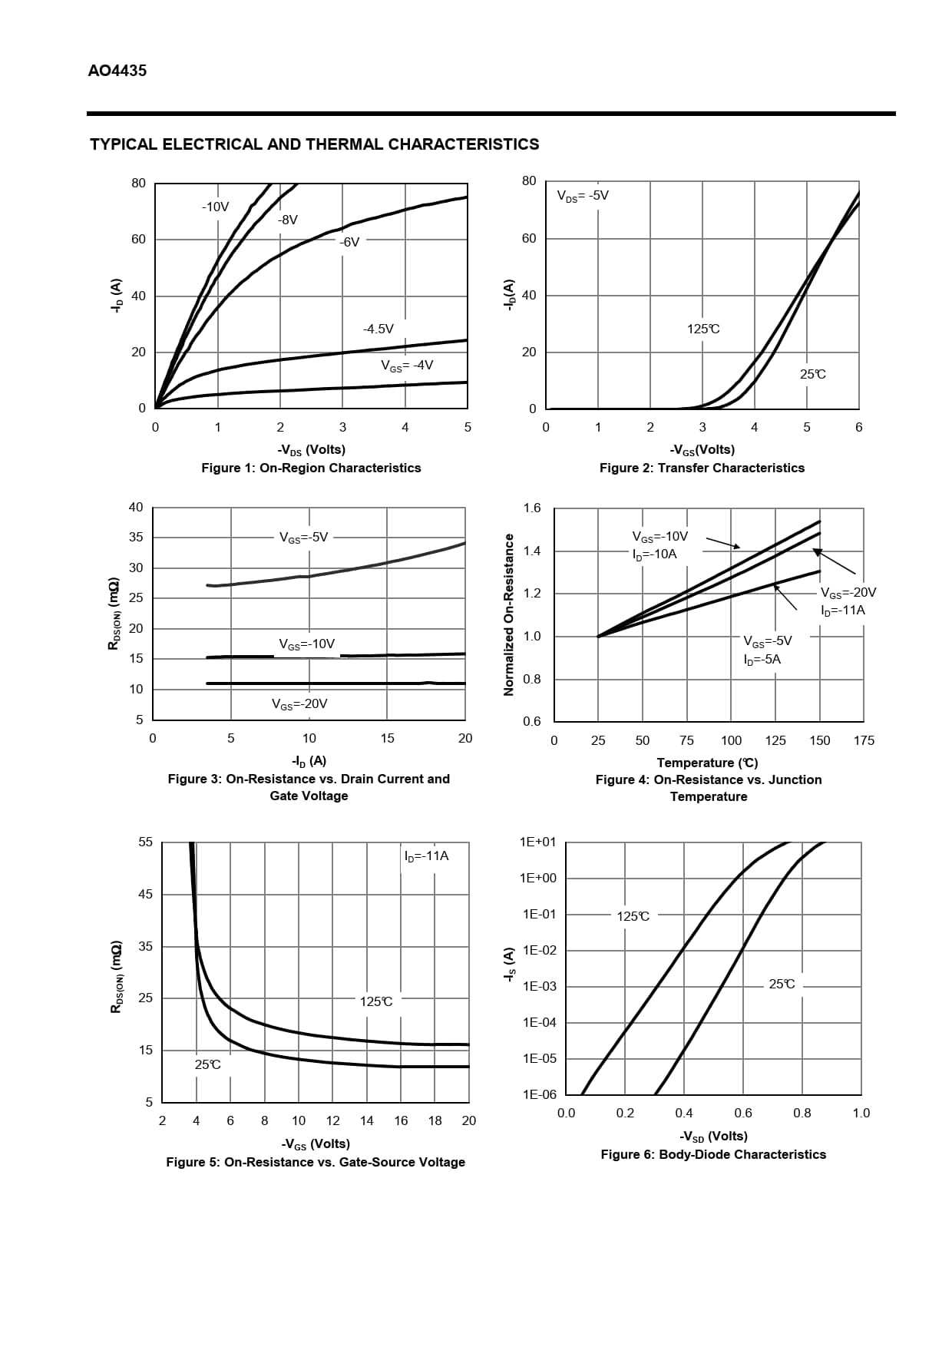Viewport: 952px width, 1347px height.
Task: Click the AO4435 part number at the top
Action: (117, 71)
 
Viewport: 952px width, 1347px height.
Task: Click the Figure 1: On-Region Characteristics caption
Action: (311, 468)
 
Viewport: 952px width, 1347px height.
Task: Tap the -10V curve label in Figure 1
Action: (215, 207)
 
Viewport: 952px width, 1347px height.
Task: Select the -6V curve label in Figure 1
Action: (349, 242)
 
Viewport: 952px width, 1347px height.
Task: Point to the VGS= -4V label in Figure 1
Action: (407, 366)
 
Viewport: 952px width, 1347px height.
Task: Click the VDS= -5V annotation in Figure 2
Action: (583, 196)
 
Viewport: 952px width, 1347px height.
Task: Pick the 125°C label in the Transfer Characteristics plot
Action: (703, 329)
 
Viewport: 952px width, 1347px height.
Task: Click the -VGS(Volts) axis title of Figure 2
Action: (702, 449)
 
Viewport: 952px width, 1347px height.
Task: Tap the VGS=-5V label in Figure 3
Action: (304, 538)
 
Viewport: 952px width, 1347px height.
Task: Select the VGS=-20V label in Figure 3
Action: (299, 704)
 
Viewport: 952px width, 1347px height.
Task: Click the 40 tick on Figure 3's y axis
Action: (136, 507)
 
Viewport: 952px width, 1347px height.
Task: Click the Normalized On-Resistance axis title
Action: (507, 614)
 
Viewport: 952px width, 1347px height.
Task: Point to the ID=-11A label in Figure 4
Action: (842, 611)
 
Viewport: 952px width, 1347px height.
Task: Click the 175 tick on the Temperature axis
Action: (864, 740)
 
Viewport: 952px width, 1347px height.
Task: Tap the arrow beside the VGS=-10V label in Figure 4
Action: (722, 542)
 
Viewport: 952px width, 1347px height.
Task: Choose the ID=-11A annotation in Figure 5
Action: (426, 856)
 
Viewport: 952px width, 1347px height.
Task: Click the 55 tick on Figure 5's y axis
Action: (145, 842)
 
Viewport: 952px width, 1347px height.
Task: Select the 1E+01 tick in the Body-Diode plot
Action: (537, 842)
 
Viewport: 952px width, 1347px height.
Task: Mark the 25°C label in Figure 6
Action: (782, 984)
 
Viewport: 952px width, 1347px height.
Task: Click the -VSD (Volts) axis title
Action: (713, 1136)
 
